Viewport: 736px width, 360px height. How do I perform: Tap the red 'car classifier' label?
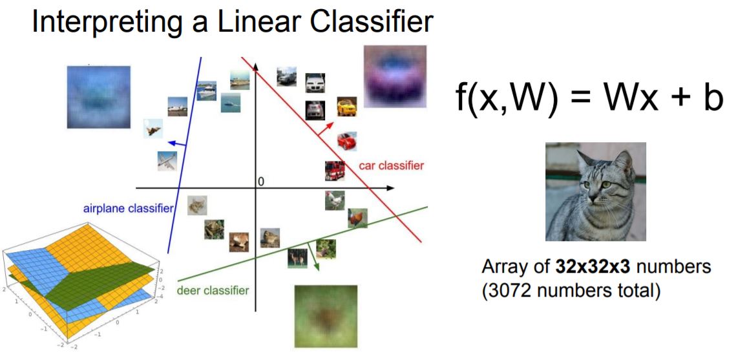[x=391, y=165]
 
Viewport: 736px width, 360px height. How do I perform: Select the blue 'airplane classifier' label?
[x=128, y=208]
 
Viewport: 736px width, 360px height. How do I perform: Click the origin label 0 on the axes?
[x=260, y=182]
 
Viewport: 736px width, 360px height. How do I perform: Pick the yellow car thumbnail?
[x=346, y=106]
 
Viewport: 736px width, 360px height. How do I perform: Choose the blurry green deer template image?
[x=322, y=316]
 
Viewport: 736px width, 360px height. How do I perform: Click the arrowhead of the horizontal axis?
[x=390, y=188]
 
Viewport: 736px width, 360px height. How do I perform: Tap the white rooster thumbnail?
[x=334, y=200]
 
